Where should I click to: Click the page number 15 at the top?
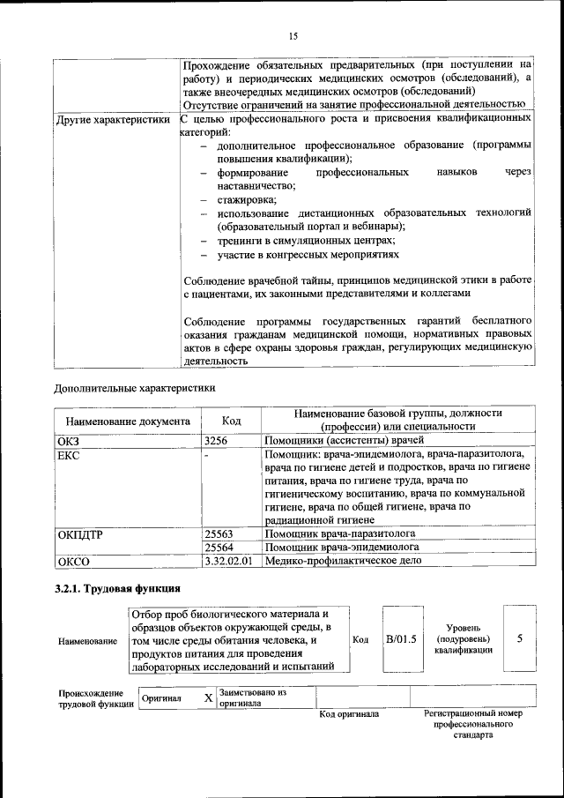coord(293,35)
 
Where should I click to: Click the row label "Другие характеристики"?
coord(112,118)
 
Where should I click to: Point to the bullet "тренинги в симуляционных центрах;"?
coord(305,241)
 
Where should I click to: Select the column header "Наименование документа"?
coord(127,421)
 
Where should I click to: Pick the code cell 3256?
coord(217,439)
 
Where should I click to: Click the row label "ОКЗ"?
coord(68,440)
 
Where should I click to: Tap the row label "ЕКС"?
coord(68,455)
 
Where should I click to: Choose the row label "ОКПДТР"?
coord(80,534)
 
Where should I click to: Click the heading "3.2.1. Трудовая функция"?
coord(118,589)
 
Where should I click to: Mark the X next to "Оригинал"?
coord(208,698)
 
